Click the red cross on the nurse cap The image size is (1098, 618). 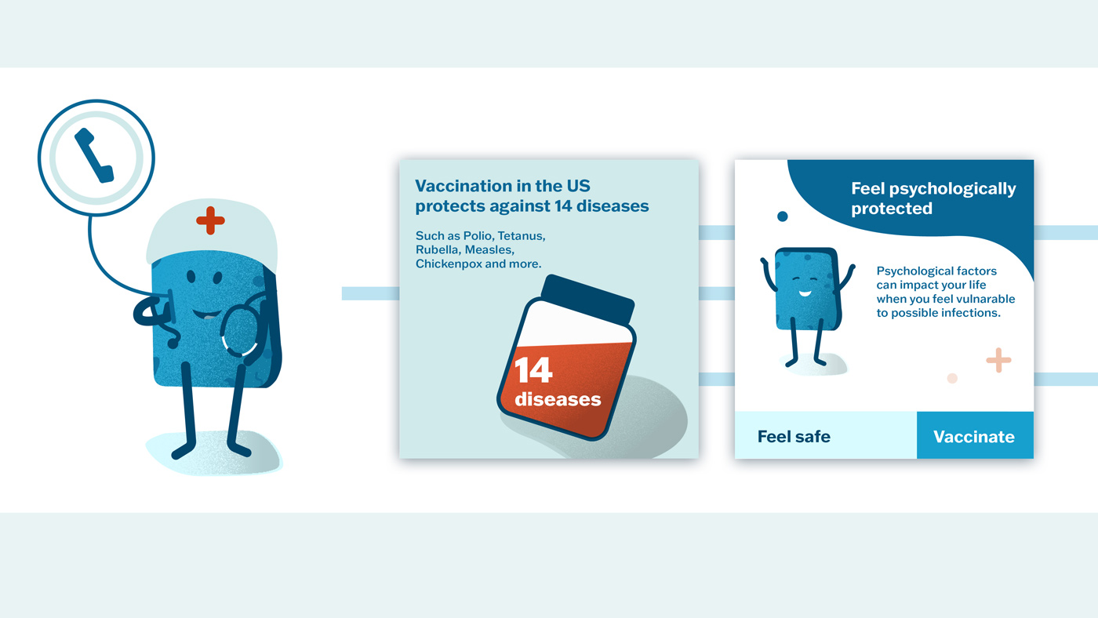pos(210,220)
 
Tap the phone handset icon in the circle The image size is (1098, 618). pos(94,155)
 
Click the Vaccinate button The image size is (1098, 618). pos(975,435)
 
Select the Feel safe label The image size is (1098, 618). pos(794,436)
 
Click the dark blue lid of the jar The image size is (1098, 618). pos(587,299)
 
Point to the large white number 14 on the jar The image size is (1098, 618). pos(533,370)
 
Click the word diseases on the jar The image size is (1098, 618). pos(558,399)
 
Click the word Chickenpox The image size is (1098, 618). pos(449,264)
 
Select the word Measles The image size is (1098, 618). pos(489,250)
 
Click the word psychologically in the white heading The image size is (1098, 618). pos(952,189)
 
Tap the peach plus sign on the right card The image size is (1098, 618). pos(998,360)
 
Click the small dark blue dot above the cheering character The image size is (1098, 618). pos(783,216)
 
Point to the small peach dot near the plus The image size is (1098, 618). pos(952,378)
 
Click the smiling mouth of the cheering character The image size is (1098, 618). pos(805,293)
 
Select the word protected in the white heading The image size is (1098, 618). pos(892,209)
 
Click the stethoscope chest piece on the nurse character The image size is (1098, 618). pos(240,330)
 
